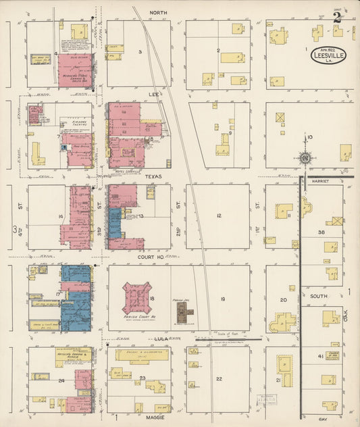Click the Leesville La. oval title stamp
329,56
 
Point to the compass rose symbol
305,158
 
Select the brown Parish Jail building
182,311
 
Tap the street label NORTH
158,13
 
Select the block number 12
218,216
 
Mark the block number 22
218,379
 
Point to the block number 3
139,51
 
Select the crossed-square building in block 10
280,117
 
